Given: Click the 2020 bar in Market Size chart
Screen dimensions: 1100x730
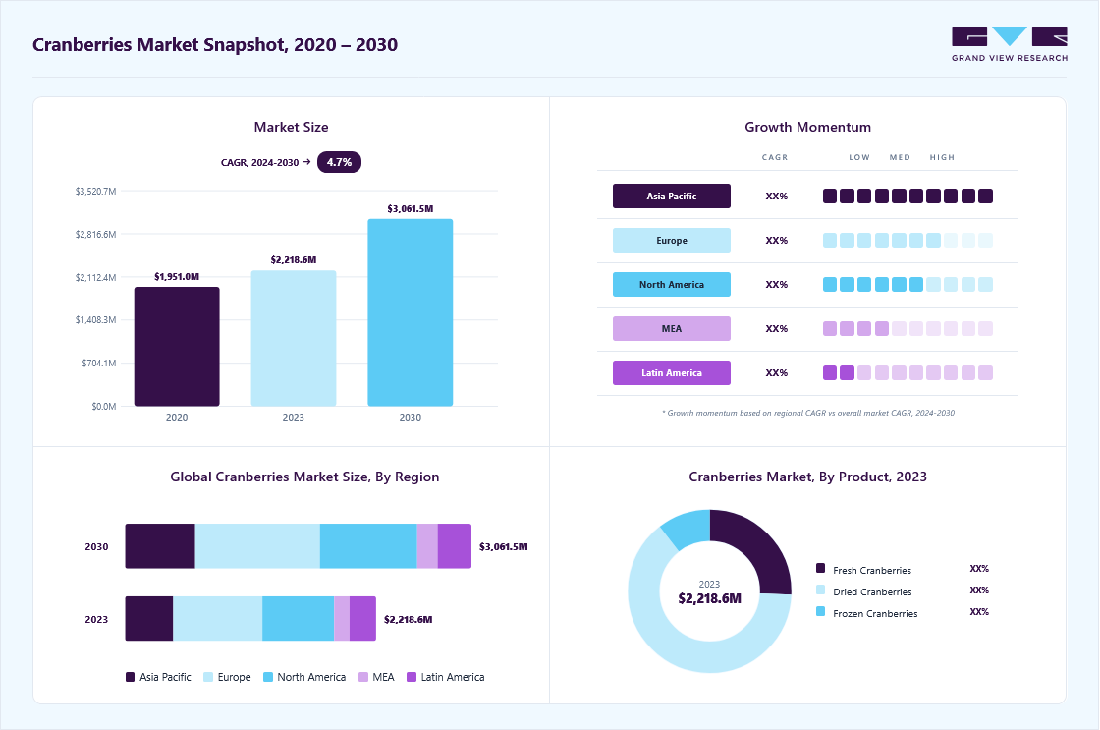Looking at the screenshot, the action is pos(177,346).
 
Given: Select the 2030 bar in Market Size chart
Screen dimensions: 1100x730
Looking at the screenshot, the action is pos(411,312).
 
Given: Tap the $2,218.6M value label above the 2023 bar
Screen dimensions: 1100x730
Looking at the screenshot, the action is pos(294,259).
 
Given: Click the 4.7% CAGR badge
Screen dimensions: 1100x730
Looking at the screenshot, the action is pos(339,162).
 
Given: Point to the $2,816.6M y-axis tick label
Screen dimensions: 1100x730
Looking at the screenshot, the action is pos(95,235).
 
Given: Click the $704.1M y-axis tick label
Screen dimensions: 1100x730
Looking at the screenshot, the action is pos(99,363).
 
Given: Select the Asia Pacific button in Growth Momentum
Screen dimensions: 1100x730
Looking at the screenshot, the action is pos(672,196).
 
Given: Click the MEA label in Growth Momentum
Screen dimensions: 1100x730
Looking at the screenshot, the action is pos(672,328).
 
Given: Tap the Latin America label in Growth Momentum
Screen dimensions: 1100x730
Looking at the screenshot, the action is pos(672,372).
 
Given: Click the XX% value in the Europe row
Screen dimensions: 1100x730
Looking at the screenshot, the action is pos(777,240).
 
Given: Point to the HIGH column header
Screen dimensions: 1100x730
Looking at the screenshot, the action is pos(942,157).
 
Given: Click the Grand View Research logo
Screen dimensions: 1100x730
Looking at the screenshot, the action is pos(1010,43).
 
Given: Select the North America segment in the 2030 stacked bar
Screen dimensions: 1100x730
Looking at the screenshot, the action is pos(368,546).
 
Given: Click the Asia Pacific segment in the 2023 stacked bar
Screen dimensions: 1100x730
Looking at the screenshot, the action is pos(148,618).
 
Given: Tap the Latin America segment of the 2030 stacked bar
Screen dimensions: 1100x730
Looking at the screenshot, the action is pos(455,546).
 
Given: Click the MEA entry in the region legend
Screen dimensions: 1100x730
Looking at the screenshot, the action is pos(376,677).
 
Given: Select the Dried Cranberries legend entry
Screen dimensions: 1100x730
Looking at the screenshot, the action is pos(863,591).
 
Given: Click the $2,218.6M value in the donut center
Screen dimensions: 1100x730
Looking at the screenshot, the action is pos(709,598).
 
